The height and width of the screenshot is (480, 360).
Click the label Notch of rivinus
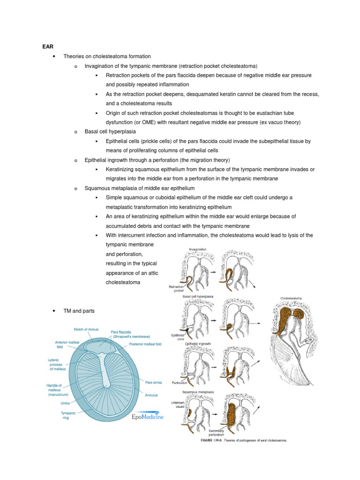(x=86, y=329)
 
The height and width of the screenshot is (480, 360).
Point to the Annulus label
(x=151, y=396)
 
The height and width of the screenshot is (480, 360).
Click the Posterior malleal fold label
(x=145, y=344)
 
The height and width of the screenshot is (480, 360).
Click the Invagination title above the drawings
(x=197, y=249)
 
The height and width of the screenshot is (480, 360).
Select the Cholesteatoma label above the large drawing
(x=291, y=298)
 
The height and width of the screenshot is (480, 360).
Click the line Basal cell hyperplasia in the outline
(x=112, y=132)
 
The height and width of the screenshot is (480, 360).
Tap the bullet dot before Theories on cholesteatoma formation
(x=55, y=57)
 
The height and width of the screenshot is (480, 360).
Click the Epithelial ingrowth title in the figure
(x=197, y=344)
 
